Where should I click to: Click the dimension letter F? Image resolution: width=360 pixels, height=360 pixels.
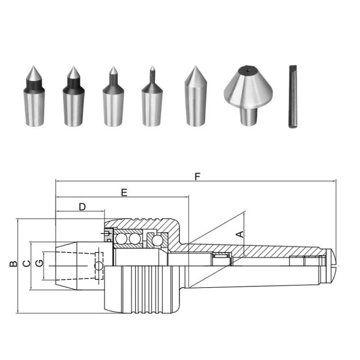pyautogui.click(x=198, y=177)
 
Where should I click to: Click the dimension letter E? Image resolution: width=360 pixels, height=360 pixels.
pyautogui.click(x=124, y=193)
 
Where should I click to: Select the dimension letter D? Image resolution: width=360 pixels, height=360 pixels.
pyautogui.click(x=82, y=207)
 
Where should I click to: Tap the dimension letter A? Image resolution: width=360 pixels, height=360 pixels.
pyautogui.click(x=240, y=234)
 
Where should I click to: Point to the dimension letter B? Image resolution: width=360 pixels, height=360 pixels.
pyautogui.click(x=13, y=264)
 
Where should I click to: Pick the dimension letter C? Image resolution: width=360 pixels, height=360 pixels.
pyautogui.click(x=27, y=263)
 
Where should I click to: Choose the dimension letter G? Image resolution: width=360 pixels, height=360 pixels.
pyautogui.click(x=39, y=263)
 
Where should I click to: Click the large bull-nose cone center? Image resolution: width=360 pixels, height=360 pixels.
pyautogui.click(x=248, y=96)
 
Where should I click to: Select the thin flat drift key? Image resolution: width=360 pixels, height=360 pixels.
pyautogui.click(x=293, y=97)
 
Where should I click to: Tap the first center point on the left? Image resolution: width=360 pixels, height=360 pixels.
pyautogui.click(x=34, y=96)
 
